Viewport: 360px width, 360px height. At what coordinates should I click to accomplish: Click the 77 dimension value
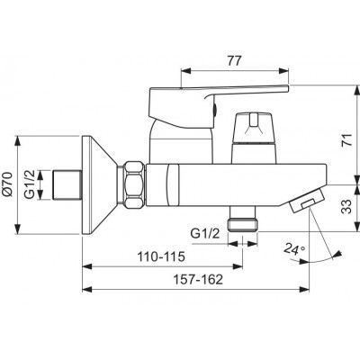(x=234, y=61)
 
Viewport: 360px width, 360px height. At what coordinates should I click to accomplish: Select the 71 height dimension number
(x=347, y=139)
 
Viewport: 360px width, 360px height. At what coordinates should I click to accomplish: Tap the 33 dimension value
(x=347, y=206)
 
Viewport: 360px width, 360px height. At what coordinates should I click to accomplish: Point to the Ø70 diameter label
(x=7, y=184)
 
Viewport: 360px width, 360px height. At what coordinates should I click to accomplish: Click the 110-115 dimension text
(x=161, y=256)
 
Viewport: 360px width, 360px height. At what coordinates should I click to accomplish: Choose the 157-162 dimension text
(x=198, y=280)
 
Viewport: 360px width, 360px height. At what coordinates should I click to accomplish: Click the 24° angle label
(x=294, y=249)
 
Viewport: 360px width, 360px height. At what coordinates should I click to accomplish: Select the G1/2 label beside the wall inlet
(x=30, y=184)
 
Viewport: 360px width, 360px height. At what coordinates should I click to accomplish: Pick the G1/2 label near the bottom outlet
(x=205, y=233)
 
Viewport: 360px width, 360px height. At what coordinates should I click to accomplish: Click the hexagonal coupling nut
(x=134, y=184)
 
